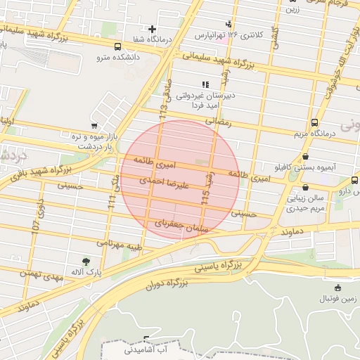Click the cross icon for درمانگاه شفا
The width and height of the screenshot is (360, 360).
[152, 29]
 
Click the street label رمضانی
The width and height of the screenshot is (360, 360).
[218, 122]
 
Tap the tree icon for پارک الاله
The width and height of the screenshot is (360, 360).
[86, 261]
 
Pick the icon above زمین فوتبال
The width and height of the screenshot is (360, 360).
[338, 287]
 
